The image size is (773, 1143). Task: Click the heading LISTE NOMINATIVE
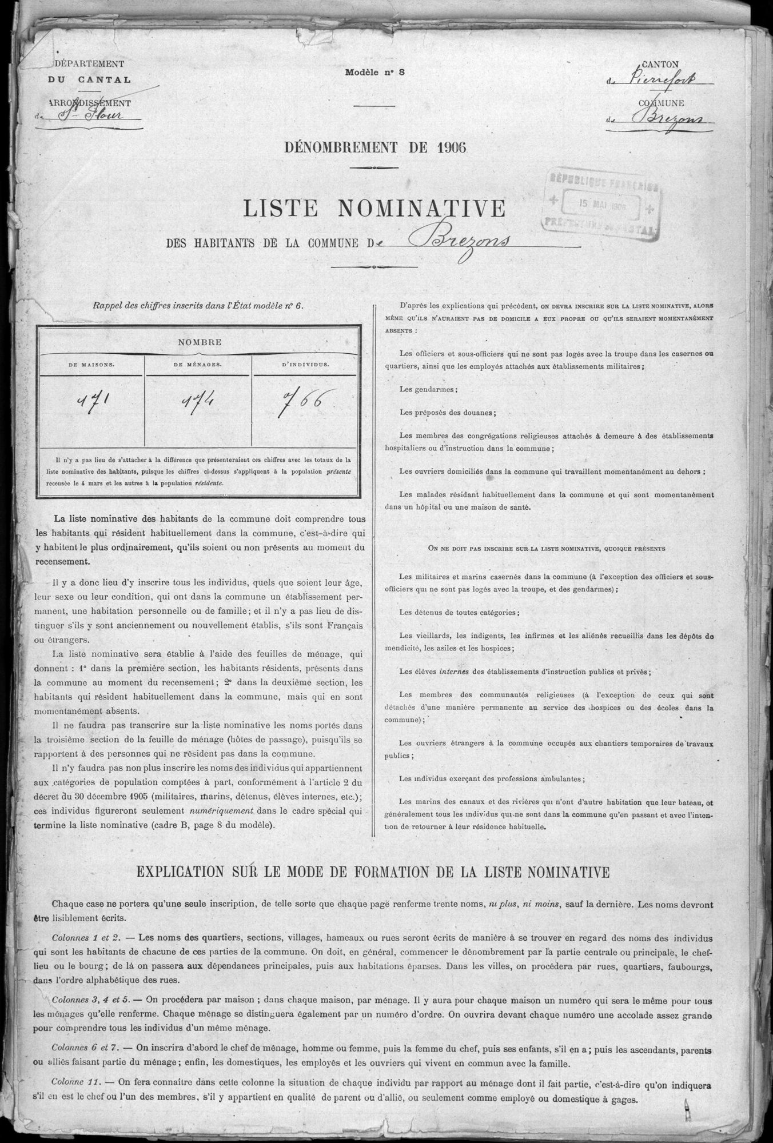point(374,209)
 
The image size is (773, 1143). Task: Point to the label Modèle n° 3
point(375,73)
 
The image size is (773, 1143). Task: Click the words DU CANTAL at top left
point(89,81)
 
